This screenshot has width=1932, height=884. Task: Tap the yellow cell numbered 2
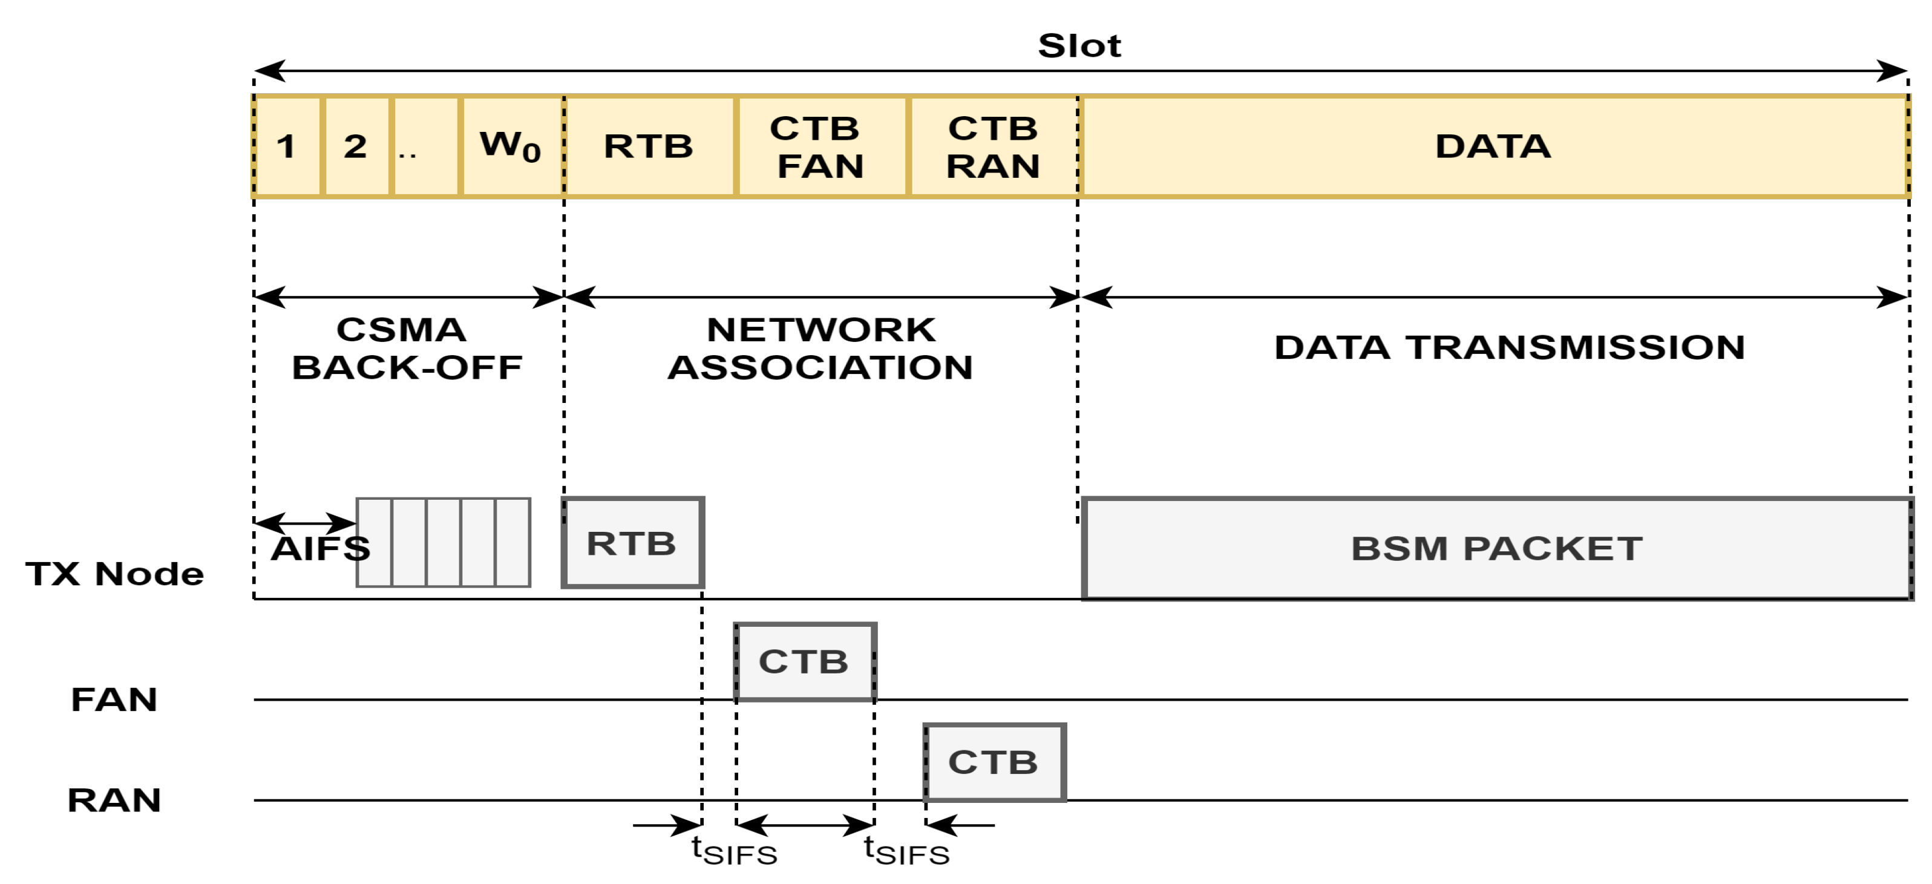tap(356, 146)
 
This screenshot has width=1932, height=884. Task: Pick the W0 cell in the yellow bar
tap(511, 146)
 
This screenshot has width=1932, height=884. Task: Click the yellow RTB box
tap(649, 146)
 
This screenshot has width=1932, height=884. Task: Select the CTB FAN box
tap(821, 146)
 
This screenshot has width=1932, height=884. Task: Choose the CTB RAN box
tap(993, 146)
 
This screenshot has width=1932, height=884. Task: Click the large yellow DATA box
tap(1493, 146)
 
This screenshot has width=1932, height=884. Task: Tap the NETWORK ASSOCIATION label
tap(820, 349)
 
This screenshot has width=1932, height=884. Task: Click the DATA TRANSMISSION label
tap(1509, 347)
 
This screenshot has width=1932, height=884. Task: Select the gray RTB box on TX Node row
tap(632, 542)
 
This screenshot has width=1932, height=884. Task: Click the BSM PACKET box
tap(1496, 548)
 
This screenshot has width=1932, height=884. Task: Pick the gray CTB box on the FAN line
tap(805, 661)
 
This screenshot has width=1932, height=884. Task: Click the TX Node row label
tap(115, 574)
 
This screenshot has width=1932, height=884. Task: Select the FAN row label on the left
tap(114, 699)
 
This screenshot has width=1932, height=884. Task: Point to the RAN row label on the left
tap(114, 800)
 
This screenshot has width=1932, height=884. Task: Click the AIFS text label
tap(320, 549)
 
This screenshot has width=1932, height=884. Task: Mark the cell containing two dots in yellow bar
tap(425, 146)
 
